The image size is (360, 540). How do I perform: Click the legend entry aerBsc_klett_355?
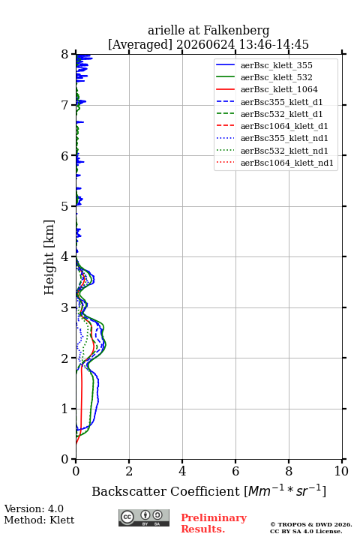coord(276,65)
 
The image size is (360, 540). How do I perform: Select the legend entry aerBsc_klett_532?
coord(276,77)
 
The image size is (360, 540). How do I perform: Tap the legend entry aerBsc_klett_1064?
coord(279,89)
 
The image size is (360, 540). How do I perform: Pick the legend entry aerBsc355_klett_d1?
coord(281,102)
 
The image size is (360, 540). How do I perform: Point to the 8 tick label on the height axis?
coord(65,55)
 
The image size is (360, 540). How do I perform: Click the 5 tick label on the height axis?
coord(65,207)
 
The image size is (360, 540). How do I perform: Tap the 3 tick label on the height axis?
coord(65,307)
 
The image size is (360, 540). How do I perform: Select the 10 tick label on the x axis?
coord(341,471)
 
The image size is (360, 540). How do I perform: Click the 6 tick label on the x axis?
coord(235,471)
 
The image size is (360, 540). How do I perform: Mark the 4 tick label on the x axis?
coord(182,471)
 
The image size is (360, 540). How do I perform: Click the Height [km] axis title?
coord(49,257)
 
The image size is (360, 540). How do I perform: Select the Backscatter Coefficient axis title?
coord(208,490)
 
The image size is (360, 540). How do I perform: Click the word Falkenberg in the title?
coord(237,31)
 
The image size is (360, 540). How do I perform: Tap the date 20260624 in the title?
coord(205,44)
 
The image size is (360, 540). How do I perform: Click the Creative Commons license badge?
coord(144,517)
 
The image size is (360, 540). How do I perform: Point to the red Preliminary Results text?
coord(214,523)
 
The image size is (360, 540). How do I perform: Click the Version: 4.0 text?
coord(34,508)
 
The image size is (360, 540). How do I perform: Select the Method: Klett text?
coord(39,520)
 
